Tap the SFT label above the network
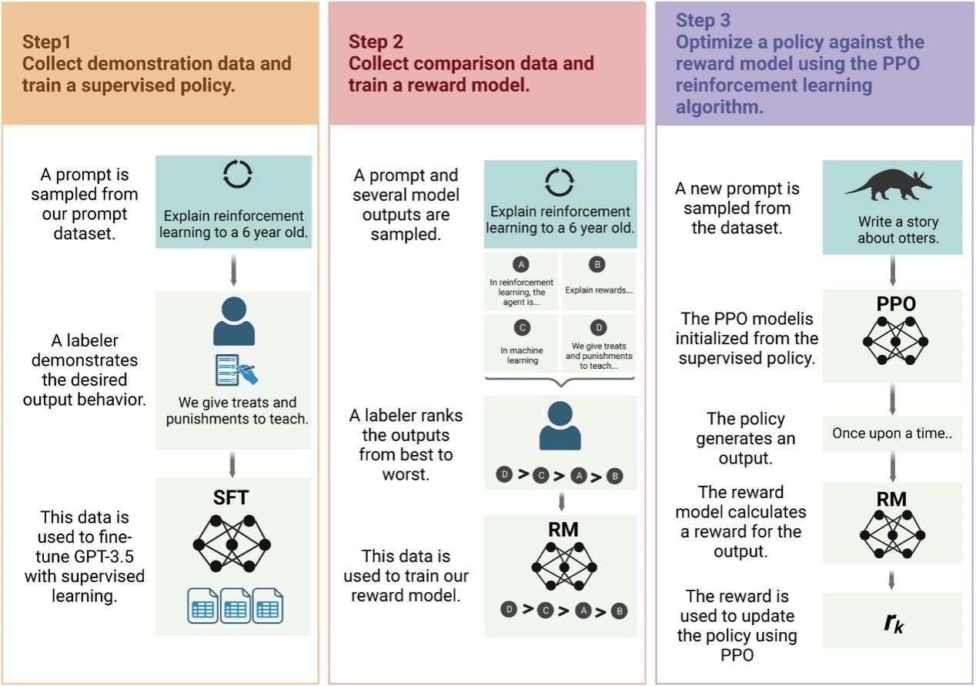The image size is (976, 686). pyautogui.click(x=231, y=497)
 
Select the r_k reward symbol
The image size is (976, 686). pyautogui.click(x=893, y=622)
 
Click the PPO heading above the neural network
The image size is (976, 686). pyautogui.click(x=896, y=304)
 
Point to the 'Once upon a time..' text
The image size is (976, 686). pyautogui.click(x=892, y=433)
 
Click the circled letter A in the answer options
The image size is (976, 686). pyautogui.click(x=521, y=264)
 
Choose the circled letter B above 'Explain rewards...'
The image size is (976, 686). pyautogui.click(x=597, y=264)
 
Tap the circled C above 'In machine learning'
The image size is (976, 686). pyautogui.click(x=522, y=327)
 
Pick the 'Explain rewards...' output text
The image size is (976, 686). pyautogui.click(x=599, y=289)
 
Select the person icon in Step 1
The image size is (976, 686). pyautogui.click(x=234, y=321)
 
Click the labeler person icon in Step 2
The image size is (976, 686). pyautogui.click(x=560, y=425)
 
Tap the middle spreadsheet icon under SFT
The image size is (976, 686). pyautogui.click(x=236, y=605)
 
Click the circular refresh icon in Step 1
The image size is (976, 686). pyautogui.click(x=238, y=174)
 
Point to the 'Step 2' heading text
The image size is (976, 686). pyautogui.click(x=376, y=42)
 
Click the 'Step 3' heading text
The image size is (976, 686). pyautogui.click(x=703, y=20)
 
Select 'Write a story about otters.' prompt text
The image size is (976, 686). pyautogui.click(x=898, y=229)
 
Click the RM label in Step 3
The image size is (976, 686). pyautogui.click(x=891, y=499)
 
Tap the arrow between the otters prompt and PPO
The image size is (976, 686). pyautogui.click(x=893, y=271)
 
